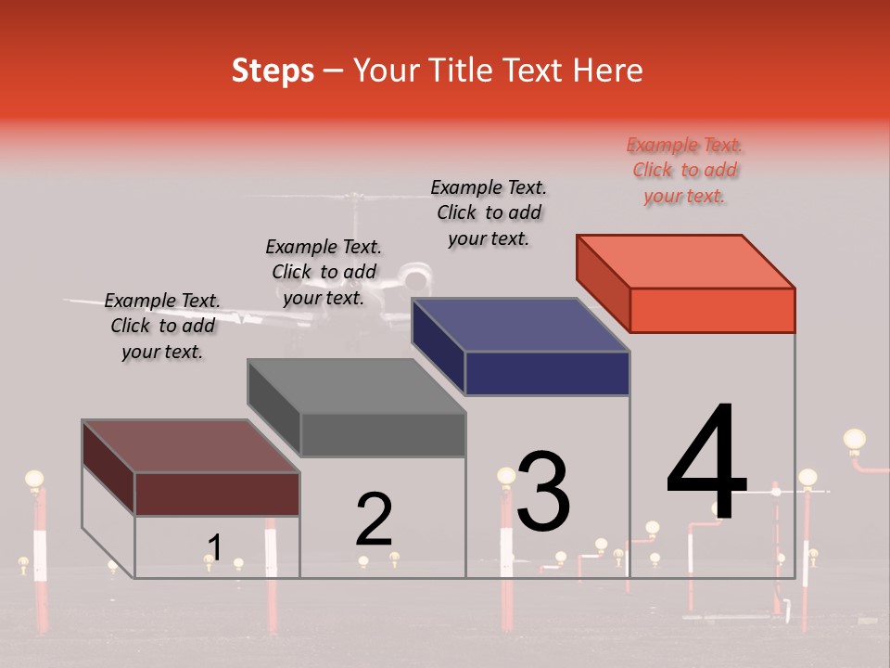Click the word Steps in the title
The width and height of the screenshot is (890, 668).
coord(273,71)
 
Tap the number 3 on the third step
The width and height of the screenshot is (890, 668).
coord(543,491)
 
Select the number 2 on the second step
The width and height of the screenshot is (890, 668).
coord(375,520)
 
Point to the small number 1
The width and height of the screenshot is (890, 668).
coord(214,548)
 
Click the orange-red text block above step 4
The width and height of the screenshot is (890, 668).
coord(685,170)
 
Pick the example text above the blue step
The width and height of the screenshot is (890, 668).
coord(489,212)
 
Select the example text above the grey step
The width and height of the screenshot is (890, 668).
coord(324,272)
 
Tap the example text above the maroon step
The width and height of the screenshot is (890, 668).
coord(162,326)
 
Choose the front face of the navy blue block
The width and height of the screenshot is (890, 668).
coord(547,373)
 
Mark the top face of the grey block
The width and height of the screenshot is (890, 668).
coord(356,385)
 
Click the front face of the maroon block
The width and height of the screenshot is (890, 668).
coord(217,494)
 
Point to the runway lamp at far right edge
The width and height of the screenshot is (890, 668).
coord(854,440)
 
